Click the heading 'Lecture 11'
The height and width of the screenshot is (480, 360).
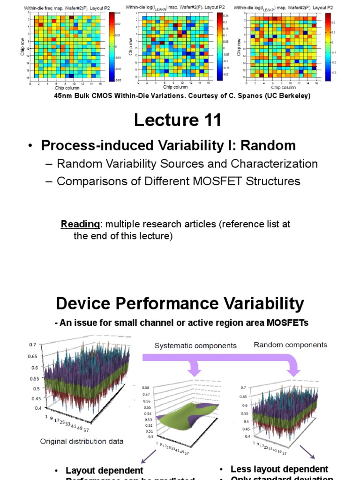(x=177, y=120)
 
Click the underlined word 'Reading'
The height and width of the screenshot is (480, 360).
(x=75, y=225)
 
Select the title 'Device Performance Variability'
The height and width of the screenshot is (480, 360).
(x=180, y=304)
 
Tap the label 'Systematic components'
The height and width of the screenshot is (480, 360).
(x=195, y=345)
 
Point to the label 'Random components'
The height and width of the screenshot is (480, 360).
(x=290, y=345)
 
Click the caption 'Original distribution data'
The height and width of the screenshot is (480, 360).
(x=82, y=441)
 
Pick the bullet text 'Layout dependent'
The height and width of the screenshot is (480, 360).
(x=104, y=470)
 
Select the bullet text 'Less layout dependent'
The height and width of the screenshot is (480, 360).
(x=279, y=469)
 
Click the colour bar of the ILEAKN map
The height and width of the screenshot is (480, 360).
(x=219, y=44)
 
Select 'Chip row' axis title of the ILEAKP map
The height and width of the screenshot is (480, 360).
(x=239, y=47)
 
